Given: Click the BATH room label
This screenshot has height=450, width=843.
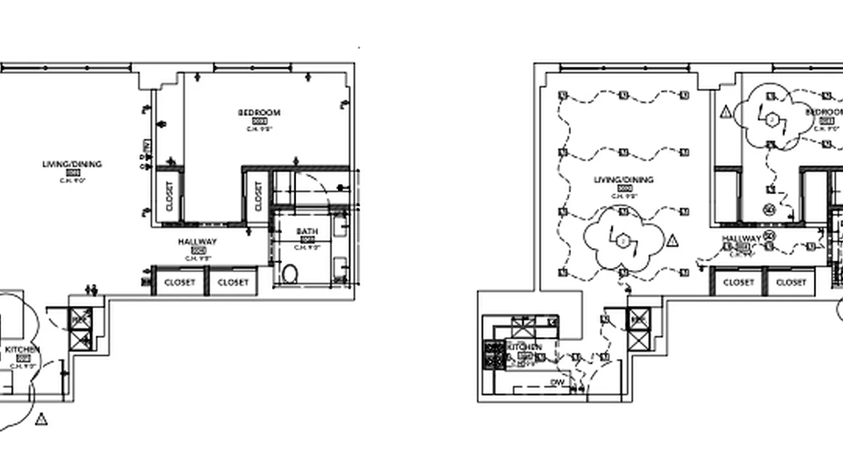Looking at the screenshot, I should coord(307,231).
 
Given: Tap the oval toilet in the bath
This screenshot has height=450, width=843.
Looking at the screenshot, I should coord(290,274).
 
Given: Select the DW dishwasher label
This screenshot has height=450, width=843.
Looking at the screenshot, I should coord(557,383).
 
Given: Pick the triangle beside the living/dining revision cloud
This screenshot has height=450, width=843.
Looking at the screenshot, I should coord(672,241).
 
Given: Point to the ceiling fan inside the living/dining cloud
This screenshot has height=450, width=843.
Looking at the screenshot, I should coord(623,241).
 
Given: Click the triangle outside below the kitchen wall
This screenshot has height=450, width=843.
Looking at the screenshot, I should coord(40,420).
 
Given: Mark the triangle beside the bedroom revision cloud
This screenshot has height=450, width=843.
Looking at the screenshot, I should coord(726,112).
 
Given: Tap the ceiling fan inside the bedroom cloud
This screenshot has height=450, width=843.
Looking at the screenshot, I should coord(772,119).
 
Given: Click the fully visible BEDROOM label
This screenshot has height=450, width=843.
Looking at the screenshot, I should coord(259,112).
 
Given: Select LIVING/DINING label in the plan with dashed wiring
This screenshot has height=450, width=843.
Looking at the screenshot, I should coord(624,180).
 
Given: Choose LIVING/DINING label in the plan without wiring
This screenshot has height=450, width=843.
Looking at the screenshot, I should coord(72,164).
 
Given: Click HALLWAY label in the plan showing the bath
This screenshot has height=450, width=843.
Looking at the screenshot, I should coord(197,242).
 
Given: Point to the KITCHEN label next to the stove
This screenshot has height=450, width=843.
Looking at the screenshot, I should coord(526,346).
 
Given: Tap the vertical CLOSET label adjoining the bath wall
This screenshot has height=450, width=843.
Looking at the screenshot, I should coord(259,196).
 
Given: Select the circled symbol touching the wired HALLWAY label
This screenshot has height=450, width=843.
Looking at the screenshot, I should coord(769,236).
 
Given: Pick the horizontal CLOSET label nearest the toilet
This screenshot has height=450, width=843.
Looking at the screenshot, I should coord(233,282).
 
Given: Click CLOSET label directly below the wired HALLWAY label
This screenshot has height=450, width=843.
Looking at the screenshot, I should coord(737,282).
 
